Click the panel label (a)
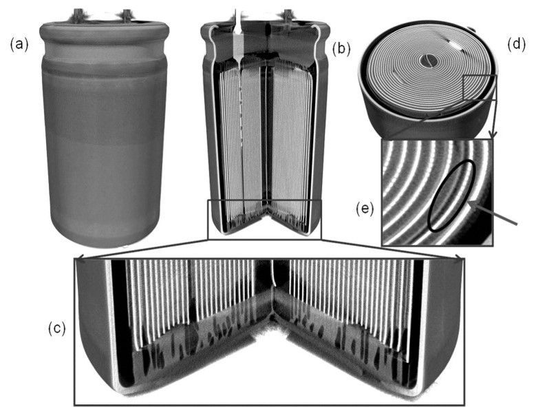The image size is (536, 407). (19, 45)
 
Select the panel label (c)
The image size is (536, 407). (56, 328)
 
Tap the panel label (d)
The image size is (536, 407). (516, 45)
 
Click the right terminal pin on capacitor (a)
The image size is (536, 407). (127, 15)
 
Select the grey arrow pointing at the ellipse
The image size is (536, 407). (494, 213)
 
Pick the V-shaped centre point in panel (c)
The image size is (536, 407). (272, 318)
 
